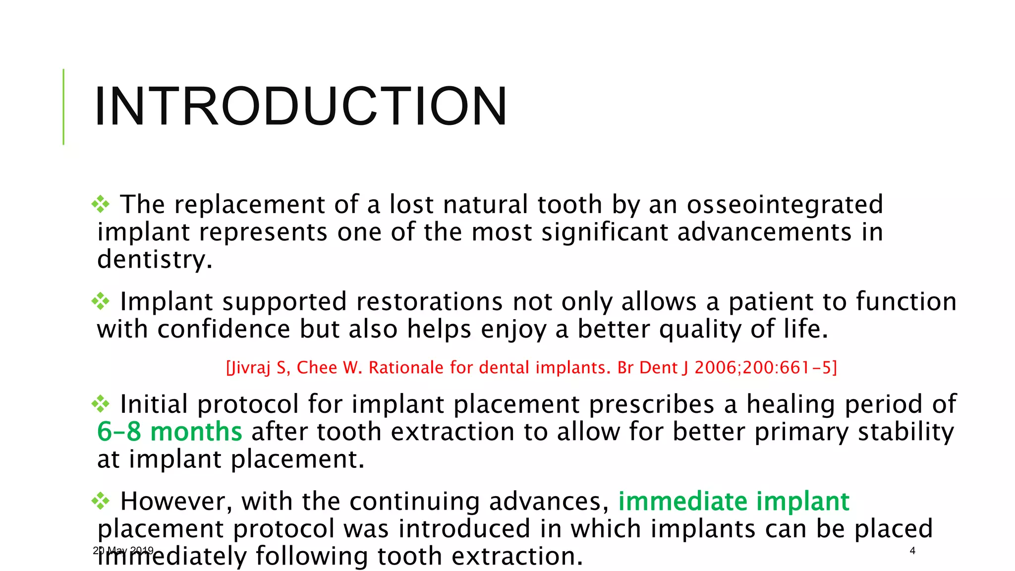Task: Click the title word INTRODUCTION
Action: coord(300,107)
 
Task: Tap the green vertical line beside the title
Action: coord(63,107)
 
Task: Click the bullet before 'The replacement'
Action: coord(101,204)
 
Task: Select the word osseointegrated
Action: coord(785,205)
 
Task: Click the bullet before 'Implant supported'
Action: coord(101,301)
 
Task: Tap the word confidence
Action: coord(224,330)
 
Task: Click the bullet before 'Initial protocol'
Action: coord(101,403)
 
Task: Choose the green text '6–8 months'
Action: coord(169,432)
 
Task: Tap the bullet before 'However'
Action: coord(101,501)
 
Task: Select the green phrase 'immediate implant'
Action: coord(733,501)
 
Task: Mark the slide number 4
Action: coord(912,551)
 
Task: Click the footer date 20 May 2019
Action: coord(123,551)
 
